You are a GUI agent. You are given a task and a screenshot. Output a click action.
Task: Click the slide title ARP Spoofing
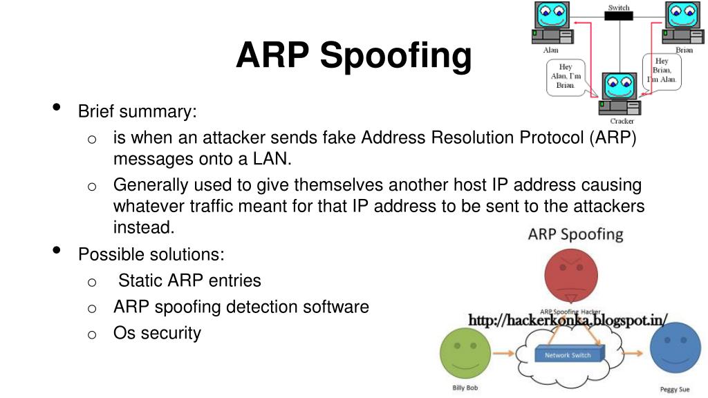click(353, 55)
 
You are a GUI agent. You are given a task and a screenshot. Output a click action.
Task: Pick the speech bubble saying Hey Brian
click(662, 70)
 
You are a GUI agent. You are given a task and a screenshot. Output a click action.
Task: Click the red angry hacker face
click(571, 274)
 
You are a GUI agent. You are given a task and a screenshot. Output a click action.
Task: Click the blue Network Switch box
click(568, 354)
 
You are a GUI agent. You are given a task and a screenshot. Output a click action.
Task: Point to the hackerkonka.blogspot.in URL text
click(568, 320)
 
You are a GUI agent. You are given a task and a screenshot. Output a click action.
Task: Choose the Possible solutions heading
click(151, 254)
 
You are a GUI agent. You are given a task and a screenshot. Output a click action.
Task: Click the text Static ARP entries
click(190, 281)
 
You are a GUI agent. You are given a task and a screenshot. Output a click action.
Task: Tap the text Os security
click(157, 333)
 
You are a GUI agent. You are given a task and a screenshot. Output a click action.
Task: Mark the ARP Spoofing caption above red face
click(575, 234)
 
